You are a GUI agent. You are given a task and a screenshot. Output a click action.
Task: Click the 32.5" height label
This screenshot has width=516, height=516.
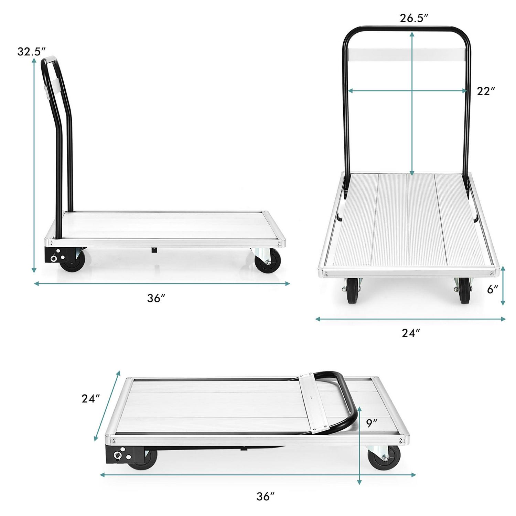[31, 52]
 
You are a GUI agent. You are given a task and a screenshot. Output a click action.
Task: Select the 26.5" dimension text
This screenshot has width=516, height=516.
[413, 18]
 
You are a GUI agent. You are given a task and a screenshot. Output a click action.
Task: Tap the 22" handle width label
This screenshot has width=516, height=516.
[486, 91]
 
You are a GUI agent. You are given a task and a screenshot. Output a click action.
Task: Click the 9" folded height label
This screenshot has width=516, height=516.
[372, 423]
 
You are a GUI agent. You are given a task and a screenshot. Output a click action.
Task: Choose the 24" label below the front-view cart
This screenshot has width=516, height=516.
[411, 333]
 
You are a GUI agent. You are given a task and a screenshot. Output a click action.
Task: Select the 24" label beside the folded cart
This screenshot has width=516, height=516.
[91, 398]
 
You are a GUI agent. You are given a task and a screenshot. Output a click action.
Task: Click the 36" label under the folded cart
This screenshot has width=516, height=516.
[266, 496]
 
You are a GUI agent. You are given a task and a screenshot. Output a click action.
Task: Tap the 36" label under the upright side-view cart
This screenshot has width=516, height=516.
[157, 298]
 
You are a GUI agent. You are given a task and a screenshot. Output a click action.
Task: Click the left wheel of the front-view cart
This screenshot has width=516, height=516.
[353, 291]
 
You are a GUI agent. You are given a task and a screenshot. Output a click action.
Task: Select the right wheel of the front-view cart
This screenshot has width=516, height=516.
[463, 291]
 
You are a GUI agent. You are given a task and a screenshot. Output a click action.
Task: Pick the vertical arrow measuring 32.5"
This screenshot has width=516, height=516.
[34, 165]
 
